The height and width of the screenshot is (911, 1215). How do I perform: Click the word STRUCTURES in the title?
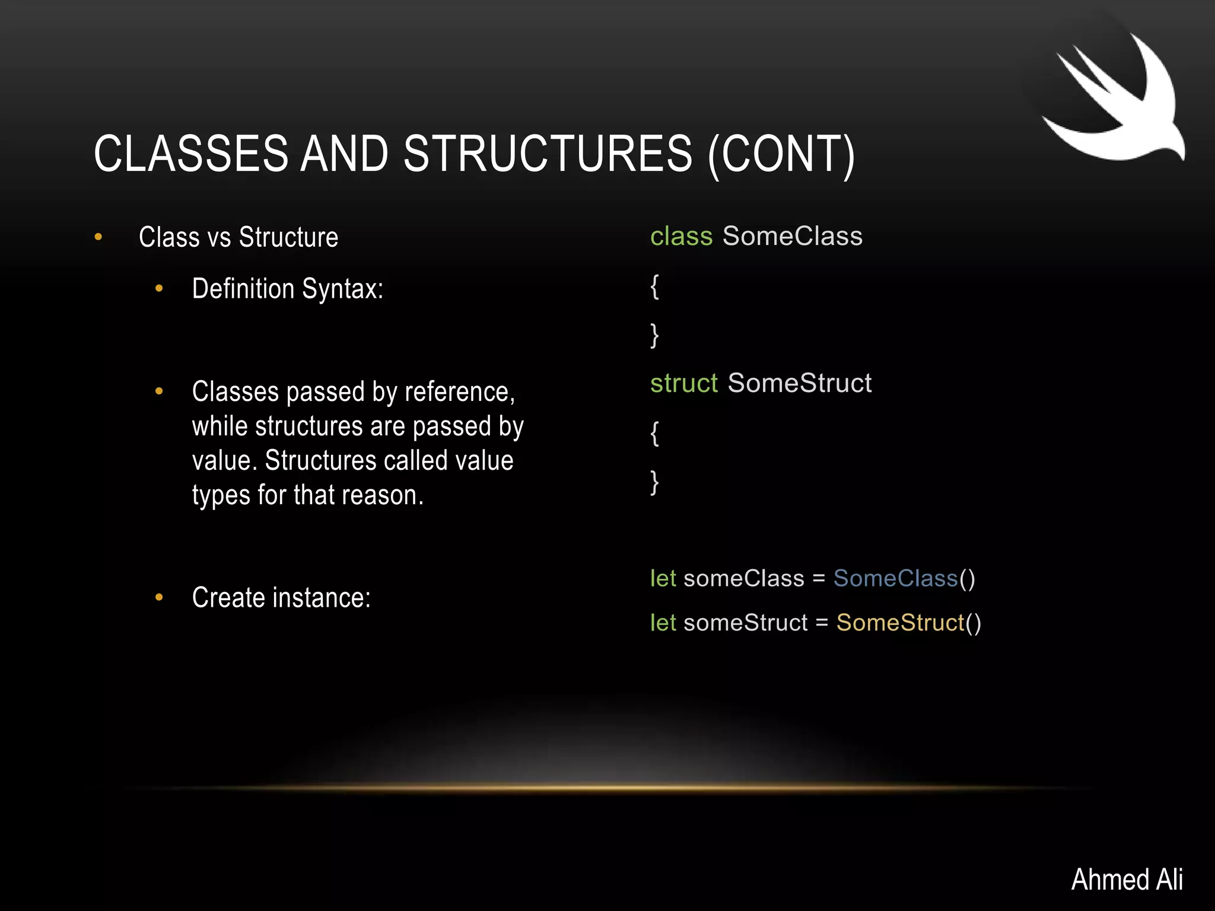pos(547,154)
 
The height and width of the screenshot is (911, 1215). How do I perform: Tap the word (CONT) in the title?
pos(781,154)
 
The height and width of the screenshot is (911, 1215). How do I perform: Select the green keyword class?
pos(680,237)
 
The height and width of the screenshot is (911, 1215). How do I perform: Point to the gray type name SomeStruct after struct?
pos(799,383)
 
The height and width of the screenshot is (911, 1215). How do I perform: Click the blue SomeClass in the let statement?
pos(895,578)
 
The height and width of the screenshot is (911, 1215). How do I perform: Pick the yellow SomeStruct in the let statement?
pos(900,623)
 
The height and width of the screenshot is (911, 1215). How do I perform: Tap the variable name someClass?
pos(743,578)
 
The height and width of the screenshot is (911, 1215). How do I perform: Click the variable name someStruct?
pos(745,623)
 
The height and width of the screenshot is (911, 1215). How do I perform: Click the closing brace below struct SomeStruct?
pos(654,482)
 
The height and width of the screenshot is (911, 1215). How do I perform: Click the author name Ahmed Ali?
pos(1127,879)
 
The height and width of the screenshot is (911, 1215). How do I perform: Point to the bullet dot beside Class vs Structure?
pos(98,237)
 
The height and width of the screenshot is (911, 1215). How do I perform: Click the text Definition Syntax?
pos(287,289)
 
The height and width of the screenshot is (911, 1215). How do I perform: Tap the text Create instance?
pos(281,598)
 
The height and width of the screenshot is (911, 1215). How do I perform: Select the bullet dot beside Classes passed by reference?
pos(158,391)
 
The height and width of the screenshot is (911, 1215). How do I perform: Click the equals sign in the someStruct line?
pos(822,623)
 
